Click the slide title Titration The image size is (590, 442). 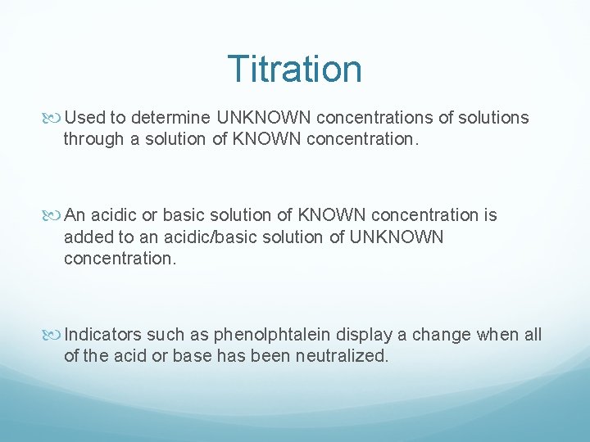coord(294,69)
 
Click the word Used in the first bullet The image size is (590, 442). coord(84,118)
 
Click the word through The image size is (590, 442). coord(92,139)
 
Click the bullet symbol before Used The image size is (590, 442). coord(55,118)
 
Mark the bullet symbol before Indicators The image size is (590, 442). coord(55,335)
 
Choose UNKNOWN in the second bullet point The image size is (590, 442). coord(397,237)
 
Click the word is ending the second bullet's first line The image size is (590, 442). coord(490,216)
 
